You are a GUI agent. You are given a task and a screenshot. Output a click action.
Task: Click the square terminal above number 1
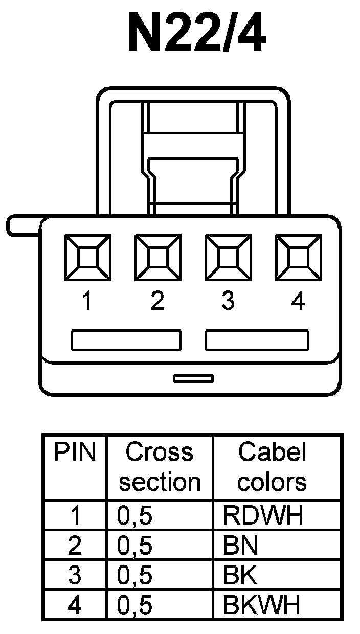pos(87,258)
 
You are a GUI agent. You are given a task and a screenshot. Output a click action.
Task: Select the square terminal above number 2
pos(157,258)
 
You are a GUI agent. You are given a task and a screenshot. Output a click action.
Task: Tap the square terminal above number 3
pos(228,258)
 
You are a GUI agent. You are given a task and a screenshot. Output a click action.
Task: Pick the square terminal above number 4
pos(299,258)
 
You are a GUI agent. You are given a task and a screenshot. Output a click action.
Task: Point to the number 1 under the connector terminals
pos(87,302)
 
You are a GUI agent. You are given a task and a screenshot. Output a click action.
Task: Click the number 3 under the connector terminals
pos(228,302)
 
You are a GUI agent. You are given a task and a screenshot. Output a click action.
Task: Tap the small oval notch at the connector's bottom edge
pos(193,379)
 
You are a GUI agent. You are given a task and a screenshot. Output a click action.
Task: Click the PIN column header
pos(75,452)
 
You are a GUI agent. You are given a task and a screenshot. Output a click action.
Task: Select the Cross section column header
pos(160,467)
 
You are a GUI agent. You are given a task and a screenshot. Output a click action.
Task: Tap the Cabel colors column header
pos(272,467)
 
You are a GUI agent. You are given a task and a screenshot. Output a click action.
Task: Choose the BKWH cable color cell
pos(261,606)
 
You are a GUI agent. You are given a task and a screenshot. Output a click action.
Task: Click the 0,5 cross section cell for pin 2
pos(135,546)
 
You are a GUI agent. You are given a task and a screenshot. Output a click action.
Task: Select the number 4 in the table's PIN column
pos(75,606)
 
